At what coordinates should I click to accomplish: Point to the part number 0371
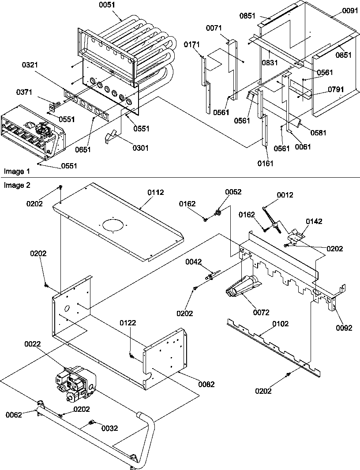coord(24,92)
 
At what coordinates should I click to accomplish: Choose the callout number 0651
coord(82,149)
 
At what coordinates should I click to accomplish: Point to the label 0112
coord(156,192)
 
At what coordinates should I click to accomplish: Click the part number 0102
coord(281,324)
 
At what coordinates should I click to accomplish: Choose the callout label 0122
coord(127,323)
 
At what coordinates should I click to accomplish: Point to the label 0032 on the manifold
coord(110,428)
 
